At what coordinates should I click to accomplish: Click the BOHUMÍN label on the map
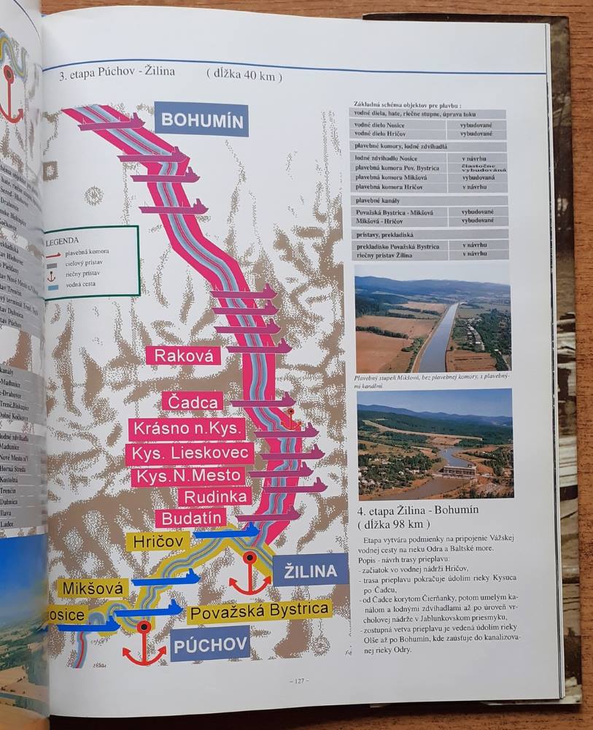(x=201, y=120)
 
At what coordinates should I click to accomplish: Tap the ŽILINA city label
(x=310, y=571)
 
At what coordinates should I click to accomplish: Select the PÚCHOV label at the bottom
(x=212, y=643)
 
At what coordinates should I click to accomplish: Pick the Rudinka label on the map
(x=214, y=497)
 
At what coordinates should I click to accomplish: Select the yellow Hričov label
(x=158, y=541)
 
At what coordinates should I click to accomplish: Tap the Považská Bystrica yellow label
(x=259, y=610)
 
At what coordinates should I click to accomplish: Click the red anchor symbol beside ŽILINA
(x=249, y=574)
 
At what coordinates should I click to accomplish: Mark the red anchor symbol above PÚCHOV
(x=144, y=643)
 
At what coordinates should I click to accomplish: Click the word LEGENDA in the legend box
(x=67, y=239)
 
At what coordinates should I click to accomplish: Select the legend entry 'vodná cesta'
(x=85, y=283)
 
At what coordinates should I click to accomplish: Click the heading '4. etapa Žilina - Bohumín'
(x=416, y=509)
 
